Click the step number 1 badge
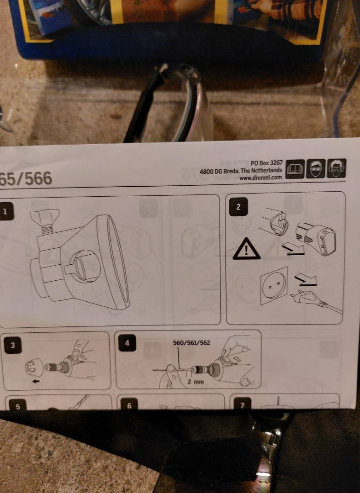click(6, 211)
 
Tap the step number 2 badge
click(238, 207)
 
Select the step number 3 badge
click(13, 345)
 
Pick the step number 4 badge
click(127, 342)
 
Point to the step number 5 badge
click(18, 404)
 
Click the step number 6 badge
click(129, 404)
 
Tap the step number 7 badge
click(242, 403)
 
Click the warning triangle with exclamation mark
click(246, 249)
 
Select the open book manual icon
click(295, 169)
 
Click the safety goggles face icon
click(316, 169)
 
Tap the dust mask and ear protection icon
click(336, 168)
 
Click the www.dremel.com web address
click(260, 178)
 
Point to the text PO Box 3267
click(266, 163)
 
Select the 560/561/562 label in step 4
click(191, 342)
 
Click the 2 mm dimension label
click(196, 381)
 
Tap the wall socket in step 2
click(274, 285)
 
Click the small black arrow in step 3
click(36, 381)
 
